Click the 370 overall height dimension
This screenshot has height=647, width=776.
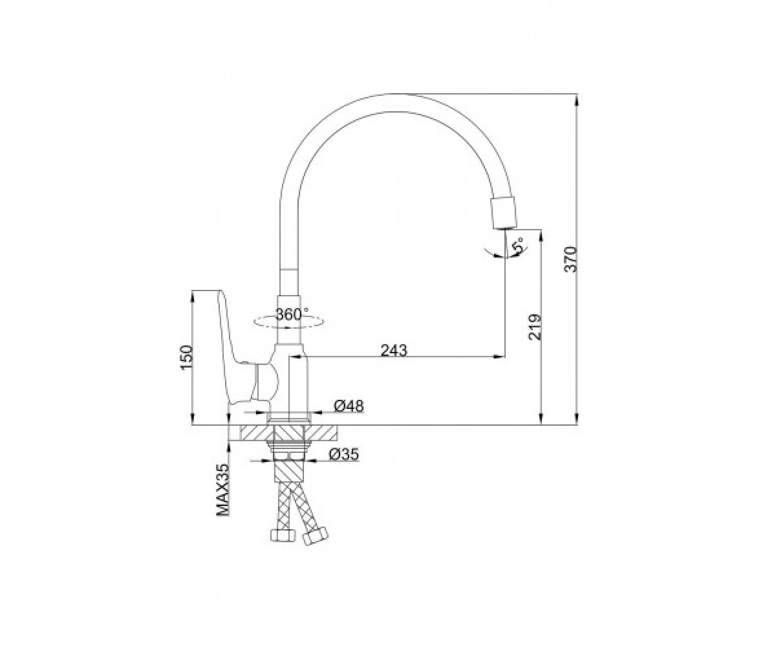click(x=570, y=259)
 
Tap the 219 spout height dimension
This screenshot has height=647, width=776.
click(x=535, y=327)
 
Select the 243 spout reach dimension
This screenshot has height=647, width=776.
click(x=394, y=350)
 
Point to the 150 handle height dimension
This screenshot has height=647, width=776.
click(x=186, y=358)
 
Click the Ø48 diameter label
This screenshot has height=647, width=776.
click(x=349, y=406)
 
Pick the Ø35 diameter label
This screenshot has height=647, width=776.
click(x=344, y=454)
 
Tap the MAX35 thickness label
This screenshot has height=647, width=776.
click(x=222, y=490)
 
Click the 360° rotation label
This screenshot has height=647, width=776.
click(x=292, y=314)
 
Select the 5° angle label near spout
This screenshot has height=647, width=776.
click(x=518, y=246)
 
